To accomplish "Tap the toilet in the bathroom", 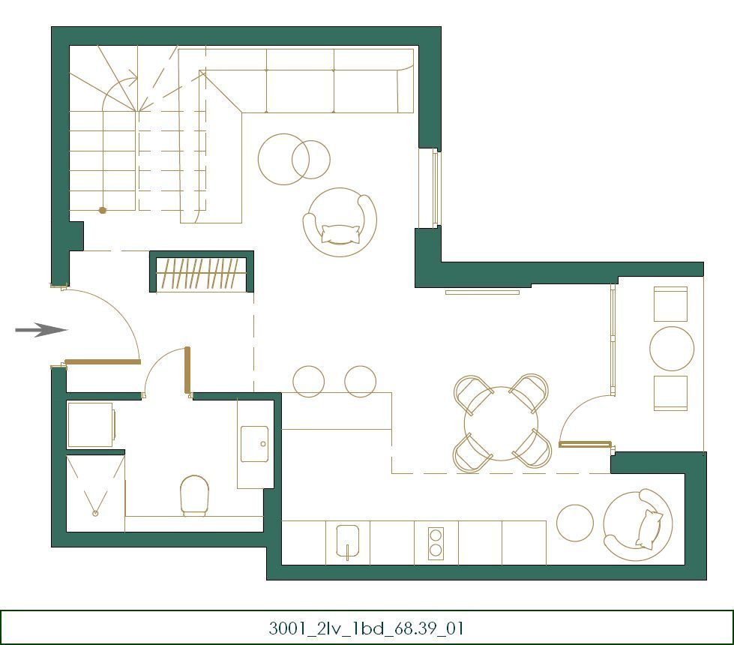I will (194, 496).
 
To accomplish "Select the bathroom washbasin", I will (254, 445).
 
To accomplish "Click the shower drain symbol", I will (95, 513).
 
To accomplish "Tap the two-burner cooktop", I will (436, 543).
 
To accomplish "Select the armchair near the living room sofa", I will (340, 222).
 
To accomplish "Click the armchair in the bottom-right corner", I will (638, 526).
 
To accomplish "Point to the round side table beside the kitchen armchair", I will (575, 523).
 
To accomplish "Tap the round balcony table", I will (672, 349).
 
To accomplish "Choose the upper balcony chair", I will (670, 304).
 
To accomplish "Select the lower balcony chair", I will (670, 393).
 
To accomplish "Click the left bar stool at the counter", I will (308, 381).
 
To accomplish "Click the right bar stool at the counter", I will (360, 381).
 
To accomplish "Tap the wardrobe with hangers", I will (202, 273).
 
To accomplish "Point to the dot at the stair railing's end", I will (103, 211).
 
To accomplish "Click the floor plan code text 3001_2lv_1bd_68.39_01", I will (367, 628).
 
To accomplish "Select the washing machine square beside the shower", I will (90, 424).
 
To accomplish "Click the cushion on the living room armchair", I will (340, 234).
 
